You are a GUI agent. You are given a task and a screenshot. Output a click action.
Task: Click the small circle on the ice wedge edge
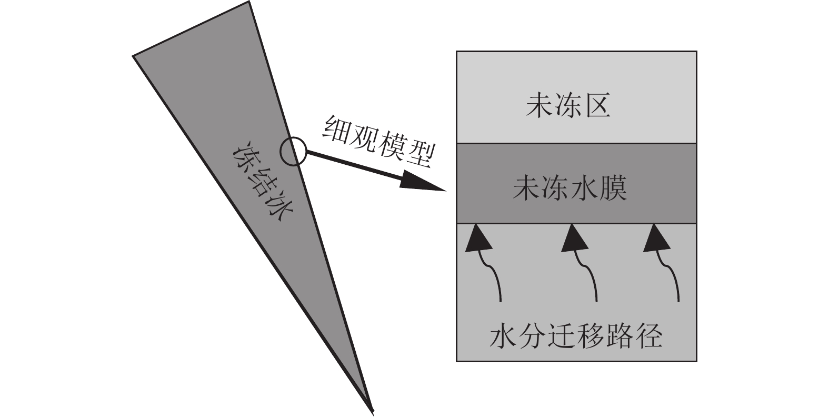pyautogui.click(x=292, y=152)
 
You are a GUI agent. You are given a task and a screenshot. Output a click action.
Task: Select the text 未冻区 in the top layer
pyautogui.click(x=568, y=106)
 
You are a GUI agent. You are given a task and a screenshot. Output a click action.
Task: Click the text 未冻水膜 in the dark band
pyautogui.click(x=570, y=188)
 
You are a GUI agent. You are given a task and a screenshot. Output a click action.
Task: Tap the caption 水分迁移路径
pyautogui.click(x=575, y=335)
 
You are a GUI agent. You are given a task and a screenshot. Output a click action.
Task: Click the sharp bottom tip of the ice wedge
pyautogui.click(x=372, y=409)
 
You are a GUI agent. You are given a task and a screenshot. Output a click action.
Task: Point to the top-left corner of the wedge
pyautogui.click(x=134, y=55)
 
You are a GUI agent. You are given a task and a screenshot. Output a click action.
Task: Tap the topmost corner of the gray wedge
pyautogui.click(x=248, y=3)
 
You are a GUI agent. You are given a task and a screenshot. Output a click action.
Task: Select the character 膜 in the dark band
pyautogui.click(x=613, y=188)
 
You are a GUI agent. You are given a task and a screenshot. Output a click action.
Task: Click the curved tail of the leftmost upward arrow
pyautogui.click(x=495, y=279)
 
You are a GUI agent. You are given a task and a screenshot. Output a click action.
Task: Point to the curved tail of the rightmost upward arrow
pyautogui.click(x=673, y=279)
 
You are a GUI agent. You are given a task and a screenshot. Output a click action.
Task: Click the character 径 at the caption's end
pyautogui.click(x=649, y=335)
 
